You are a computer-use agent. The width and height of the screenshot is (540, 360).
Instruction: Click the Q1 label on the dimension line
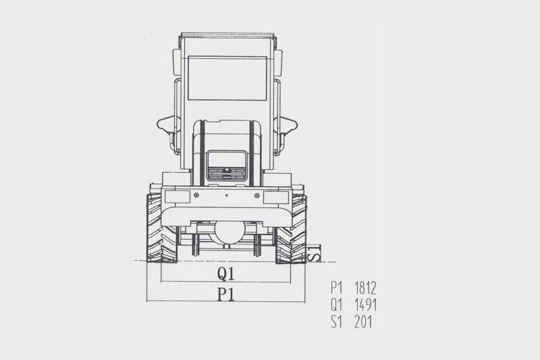(225, 274)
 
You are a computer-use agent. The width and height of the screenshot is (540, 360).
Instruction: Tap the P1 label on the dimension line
(225, 294)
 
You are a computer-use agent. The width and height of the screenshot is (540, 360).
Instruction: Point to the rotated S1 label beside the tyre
(314, 253)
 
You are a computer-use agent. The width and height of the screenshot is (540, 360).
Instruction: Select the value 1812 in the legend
(365, 288)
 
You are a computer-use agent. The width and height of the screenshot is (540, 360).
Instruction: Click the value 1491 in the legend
(365, 305)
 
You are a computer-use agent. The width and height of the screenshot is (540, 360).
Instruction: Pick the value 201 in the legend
(363, 322)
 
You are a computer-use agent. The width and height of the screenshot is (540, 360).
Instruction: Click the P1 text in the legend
(336, 288)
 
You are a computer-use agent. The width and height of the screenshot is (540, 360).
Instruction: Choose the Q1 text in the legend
(336, 305)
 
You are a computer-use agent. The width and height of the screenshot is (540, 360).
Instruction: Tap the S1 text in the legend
(336, 322)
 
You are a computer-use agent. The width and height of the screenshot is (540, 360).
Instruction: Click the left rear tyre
(161, 228)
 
